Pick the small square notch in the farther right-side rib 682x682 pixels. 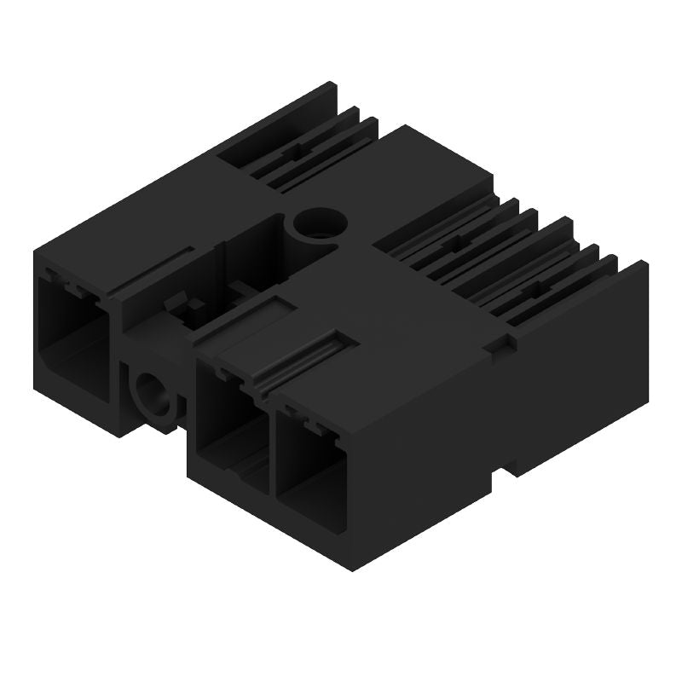[449, 244]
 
